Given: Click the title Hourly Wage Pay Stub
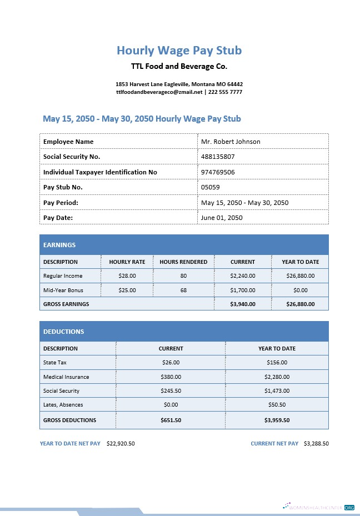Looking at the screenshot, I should point(179,51).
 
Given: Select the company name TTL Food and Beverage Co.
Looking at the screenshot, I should point(179,67).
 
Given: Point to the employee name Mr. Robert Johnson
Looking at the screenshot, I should point(231,142).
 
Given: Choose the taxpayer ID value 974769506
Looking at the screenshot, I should point(218,172).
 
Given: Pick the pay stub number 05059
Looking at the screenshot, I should point(210,187).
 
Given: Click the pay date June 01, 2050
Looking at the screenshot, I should point(222,218).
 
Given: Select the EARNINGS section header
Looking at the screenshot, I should point(59,245).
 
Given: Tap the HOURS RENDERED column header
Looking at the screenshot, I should point(183,262).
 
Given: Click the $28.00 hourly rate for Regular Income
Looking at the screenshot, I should point(127,275).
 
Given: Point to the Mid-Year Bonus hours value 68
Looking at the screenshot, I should point(183,290).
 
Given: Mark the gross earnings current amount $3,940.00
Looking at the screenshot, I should point(243,304).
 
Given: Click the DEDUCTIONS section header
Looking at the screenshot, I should point(64,332).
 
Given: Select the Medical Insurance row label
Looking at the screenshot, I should point(66,377).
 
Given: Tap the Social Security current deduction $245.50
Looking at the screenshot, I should point(171,390).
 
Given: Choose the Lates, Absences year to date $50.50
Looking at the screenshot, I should point(277,405).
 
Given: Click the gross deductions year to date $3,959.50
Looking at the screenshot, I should point(277,420).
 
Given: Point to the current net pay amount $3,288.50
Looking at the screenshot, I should point(316,444).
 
